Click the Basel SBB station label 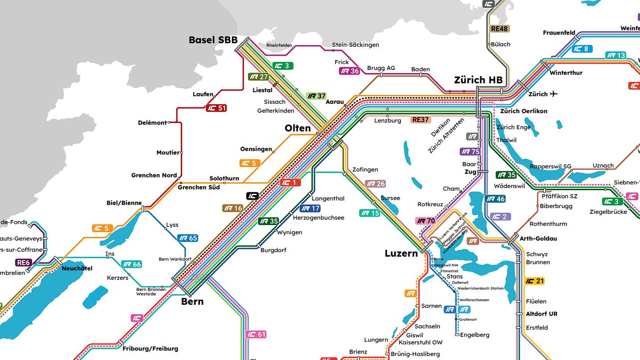point(213,40)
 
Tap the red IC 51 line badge point(216,108)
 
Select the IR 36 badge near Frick point(349,71)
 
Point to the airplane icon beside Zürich point(554,94)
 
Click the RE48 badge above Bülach point(499,29)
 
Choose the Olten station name point(298,128)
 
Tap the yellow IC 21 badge point(534,281)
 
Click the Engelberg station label point(475,335)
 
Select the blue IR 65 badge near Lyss point(188,238)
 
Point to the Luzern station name point(401,254)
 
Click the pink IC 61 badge point(256,335)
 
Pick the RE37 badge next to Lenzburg point(420,120)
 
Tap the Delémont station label point(152,123)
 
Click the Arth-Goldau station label point(538,238)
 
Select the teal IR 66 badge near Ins point(131,265)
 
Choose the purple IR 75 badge point(470,151)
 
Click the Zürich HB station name point(478,80)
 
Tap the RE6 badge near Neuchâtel point(23,263)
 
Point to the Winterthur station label point(566,73)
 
